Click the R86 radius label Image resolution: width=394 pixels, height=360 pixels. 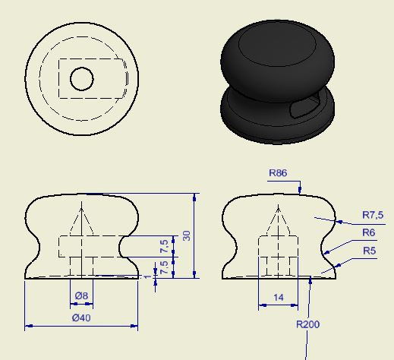(278, 173)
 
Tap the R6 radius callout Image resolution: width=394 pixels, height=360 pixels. (369, 232)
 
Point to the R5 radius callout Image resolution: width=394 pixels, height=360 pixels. (369, 251)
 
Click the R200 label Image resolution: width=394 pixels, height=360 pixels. (307, 324)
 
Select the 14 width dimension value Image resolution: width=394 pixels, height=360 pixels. (278, 298)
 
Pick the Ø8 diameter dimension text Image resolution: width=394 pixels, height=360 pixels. (81, 295)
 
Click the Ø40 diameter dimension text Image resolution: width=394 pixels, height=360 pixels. (81, 317)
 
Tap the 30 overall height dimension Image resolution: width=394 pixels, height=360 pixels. (187, 235)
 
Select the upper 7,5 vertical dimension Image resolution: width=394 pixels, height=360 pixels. (164, 246)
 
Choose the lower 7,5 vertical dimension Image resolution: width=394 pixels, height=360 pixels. (164, 267)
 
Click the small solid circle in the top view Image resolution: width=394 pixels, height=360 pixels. (81, 78)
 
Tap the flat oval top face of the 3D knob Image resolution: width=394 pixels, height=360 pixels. (277, 51)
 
